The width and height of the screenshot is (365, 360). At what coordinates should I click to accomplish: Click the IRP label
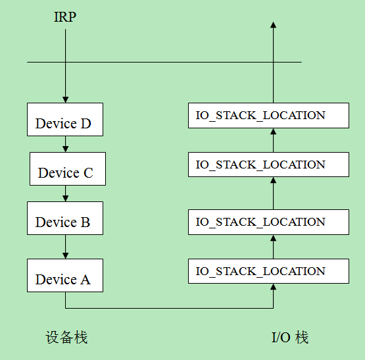point(65,17)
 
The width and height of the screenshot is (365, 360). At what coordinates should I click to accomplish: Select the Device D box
point(65,119)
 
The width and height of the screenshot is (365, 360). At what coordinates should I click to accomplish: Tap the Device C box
point(68,168)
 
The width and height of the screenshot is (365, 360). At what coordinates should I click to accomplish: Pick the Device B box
point(65,218)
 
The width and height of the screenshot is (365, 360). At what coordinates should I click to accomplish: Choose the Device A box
point(65,275)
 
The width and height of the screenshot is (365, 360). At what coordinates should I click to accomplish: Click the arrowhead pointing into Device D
point(65,99)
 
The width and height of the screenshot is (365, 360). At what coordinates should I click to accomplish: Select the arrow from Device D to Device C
point(65,144)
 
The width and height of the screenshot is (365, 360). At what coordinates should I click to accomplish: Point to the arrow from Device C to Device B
point(65,193)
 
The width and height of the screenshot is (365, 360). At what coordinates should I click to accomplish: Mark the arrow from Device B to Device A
point(65,247)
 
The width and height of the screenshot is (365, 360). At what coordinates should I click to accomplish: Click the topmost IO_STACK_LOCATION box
point(268,115)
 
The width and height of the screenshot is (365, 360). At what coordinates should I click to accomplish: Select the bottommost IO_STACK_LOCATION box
point(268,271)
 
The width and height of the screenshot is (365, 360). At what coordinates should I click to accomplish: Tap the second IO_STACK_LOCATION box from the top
point(268,165)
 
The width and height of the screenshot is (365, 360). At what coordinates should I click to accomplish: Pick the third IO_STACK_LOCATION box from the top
point(268,222)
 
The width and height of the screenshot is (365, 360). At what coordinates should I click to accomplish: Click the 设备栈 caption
point(66,337)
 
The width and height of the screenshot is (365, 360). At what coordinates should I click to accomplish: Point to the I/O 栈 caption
point(290,337)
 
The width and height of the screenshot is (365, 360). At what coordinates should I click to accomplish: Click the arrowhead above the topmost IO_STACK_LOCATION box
point(274,25)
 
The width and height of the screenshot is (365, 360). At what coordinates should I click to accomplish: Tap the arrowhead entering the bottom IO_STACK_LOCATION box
point(274,286)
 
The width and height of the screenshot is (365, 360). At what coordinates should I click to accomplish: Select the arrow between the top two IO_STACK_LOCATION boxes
point(274,140)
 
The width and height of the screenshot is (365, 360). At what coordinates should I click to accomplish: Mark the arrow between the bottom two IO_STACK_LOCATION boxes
point(274,247)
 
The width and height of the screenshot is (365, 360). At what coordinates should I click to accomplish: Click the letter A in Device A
point(85,280)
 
